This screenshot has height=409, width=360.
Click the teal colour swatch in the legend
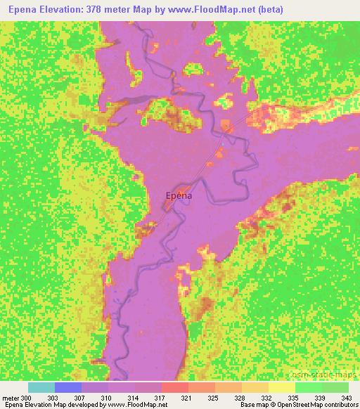click(41, 387)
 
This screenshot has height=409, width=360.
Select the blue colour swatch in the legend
click(67, 387)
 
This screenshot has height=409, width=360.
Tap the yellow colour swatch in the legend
click(282, 387)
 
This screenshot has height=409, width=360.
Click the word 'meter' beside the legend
click(11, 397)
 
